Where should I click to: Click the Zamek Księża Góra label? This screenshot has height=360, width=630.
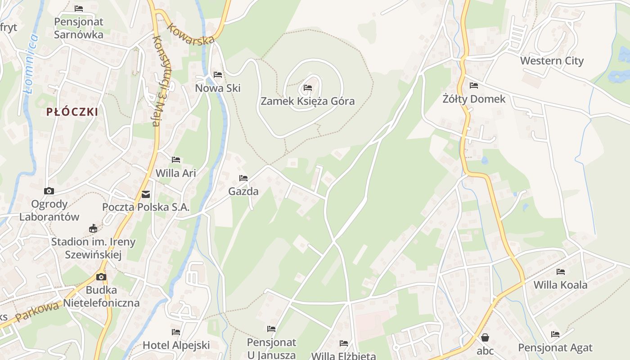tap(308, 101)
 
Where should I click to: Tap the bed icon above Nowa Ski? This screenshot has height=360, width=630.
tap(218, 75)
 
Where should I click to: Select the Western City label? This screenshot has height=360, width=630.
tap(552, 61)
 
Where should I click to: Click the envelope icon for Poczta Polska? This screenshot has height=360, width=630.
tap(146, 194)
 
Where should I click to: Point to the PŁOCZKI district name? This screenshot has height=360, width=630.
tap(72, 112)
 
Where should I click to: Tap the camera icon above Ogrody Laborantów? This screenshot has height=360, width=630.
tap(49, 191)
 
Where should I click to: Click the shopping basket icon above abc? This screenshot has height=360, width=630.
tap(485, 337)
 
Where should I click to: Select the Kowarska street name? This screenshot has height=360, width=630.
tap(190, 34)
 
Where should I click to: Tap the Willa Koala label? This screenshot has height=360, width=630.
tap(560, 285)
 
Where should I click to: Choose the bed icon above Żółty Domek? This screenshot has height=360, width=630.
tap(474, 85)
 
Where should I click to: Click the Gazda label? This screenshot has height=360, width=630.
tap(243, 191)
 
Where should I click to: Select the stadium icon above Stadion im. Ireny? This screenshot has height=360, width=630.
tap(93, 229)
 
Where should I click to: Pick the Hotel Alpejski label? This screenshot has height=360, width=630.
tap(176, 345)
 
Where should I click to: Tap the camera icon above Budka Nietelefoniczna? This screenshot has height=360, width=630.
tap(101, 277)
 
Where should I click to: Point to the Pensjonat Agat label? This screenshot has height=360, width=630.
tap(555, 347)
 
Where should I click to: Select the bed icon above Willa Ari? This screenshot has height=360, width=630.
tap(176, 160)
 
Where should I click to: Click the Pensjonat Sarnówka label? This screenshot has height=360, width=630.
tap(79, 28)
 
